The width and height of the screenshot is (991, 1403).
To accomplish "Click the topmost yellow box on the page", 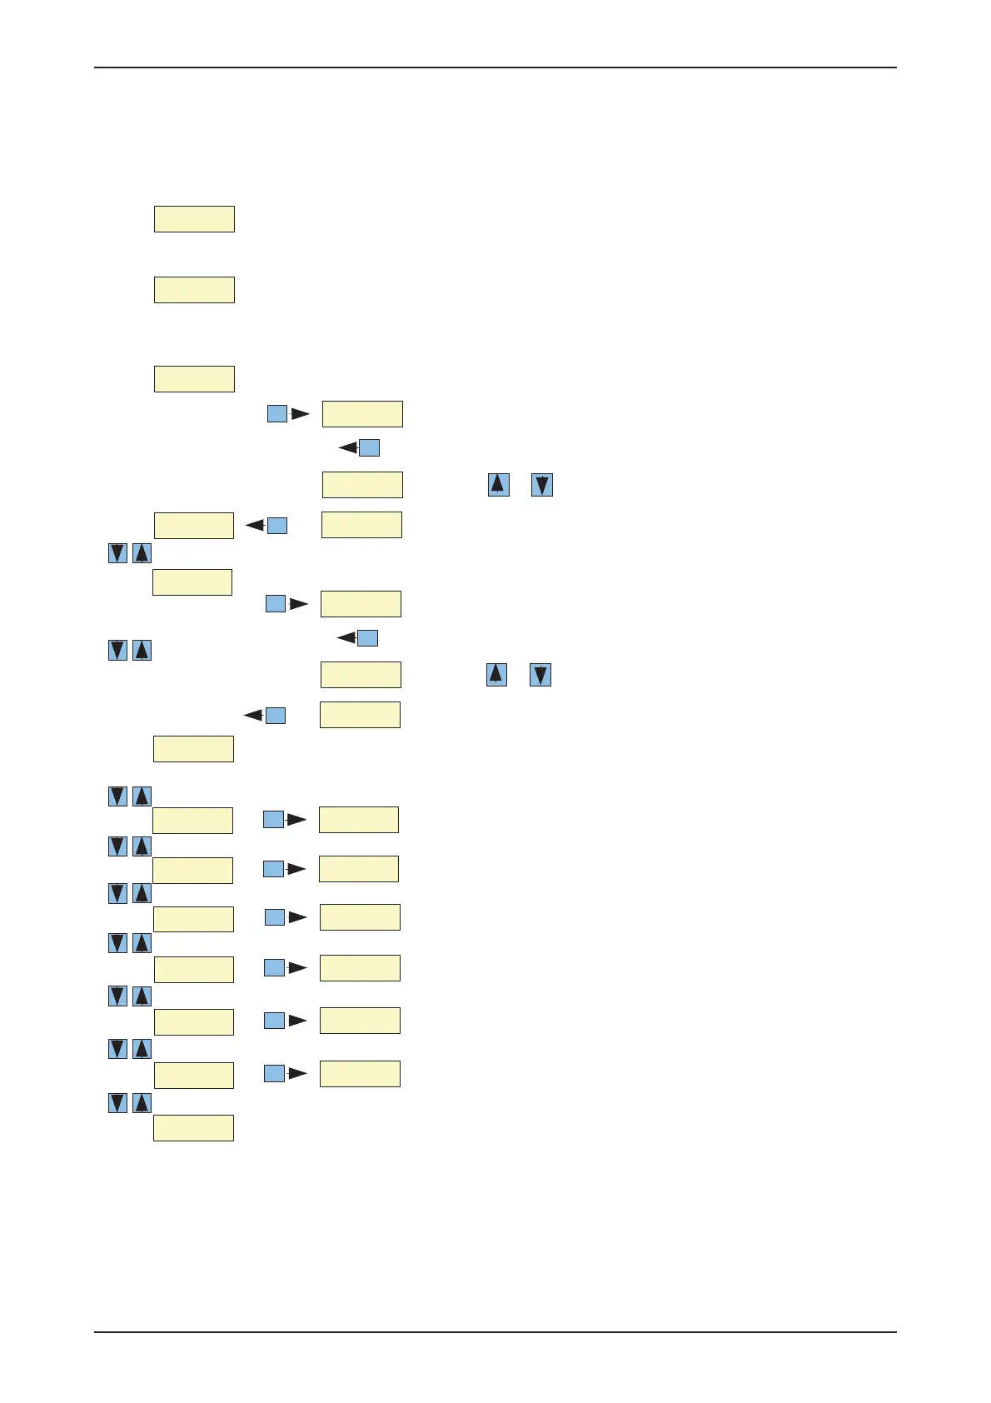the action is tap(194, 219).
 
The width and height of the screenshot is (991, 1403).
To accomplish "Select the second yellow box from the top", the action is tap(194, 290).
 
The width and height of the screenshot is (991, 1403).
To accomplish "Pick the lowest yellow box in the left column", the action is tap(194, 1128).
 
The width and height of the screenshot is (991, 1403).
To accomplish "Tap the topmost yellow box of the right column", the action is tap(362, 414).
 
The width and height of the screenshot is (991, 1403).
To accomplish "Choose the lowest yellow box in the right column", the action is tap(360, 1074).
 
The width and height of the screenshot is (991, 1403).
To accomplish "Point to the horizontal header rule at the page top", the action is tap(495, 67).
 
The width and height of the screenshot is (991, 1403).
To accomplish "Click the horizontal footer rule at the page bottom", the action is tap(495, 1332).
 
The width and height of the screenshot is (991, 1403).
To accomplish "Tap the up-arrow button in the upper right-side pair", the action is tap(498, 485).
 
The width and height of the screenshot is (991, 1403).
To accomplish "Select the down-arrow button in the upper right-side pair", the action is tap(542, 485).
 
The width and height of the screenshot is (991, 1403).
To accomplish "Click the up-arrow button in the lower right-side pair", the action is tap(496, 675).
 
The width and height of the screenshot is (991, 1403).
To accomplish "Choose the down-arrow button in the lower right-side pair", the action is tap(540, 675).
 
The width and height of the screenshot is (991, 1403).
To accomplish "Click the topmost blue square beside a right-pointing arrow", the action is tap(277, 413).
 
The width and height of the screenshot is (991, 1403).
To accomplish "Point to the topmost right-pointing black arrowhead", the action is tap(300, 413).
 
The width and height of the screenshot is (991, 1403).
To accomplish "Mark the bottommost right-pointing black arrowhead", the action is tap(297, 1074).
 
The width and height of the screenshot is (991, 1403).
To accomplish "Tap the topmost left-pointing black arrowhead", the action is tap(348, 448).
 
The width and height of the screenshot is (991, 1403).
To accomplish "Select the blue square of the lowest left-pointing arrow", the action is tap(276, 716).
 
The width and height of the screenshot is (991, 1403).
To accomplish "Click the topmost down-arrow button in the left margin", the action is tap(118, 553).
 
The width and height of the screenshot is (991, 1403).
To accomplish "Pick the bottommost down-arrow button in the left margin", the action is tap(118, 1103).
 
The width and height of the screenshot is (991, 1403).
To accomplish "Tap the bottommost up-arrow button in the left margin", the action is tap(142, 1103).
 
